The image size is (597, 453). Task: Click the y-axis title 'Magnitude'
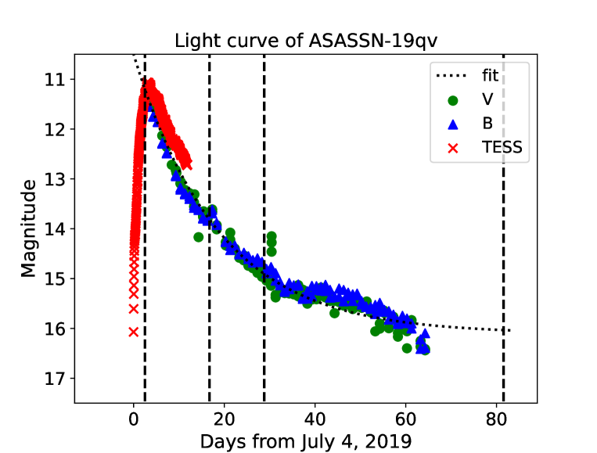click(x=29, y=228)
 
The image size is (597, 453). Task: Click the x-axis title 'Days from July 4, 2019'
click(x=305, y=440)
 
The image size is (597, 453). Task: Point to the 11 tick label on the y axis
click(x=56, y=79)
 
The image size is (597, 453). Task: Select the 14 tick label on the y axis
click(x=56, y=228)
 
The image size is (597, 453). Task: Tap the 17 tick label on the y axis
click(x=56, y=378)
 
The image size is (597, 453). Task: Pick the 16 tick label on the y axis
click(x=56, y=329)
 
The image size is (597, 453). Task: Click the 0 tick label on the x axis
click(x=134, y=416)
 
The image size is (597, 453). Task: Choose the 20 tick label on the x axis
click(x=225, y=416)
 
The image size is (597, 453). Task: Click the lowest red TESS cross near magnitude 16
click(x=134, y=332)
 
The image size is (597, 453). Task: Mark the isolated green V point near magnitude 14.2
click(x=199, y=236)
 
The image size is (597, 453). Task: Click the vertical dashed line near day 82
click(x=503, y=235)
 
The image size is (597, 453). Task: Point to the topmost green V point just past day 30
click(x=272, y=235)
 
